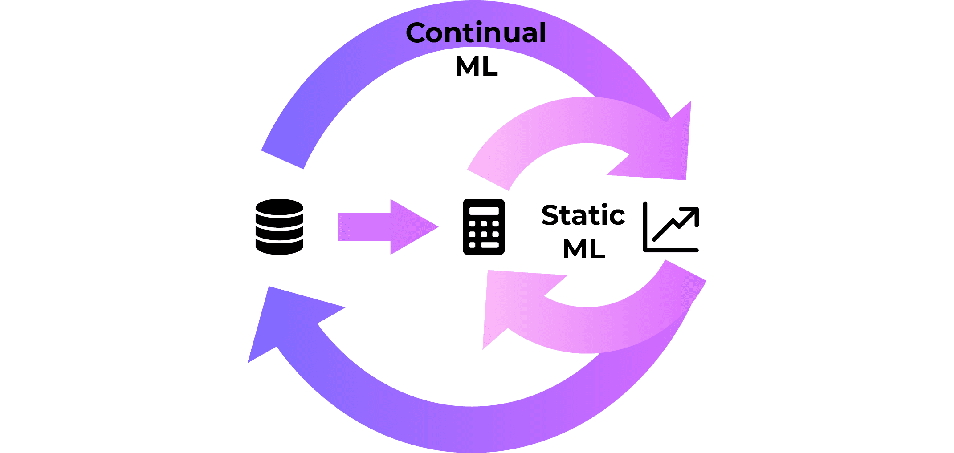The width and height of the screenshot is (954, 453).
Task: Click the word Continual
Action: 476,33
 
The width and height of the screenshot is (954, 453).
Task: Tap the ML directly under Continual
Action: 476,67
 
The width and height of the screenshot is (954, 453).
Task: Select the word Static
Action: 583,215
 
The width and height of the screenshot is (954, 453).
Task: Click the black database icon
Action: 279,226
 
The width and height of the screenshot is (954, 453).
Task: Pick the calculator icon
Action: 484,226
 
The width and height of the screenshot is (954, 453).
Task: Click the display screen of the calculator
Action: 484,210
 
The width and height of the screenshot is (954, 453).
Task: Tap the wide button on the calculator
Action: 489,245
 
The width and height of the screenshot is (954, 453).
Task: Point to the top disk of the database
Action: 279,206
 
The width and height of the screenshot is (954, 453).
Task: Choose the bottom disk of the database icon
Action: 279,247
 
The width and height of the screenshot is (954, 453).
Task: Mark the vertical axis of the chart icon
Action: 645,227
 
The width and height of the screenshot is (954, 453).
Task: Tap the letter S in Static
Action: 551,215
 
